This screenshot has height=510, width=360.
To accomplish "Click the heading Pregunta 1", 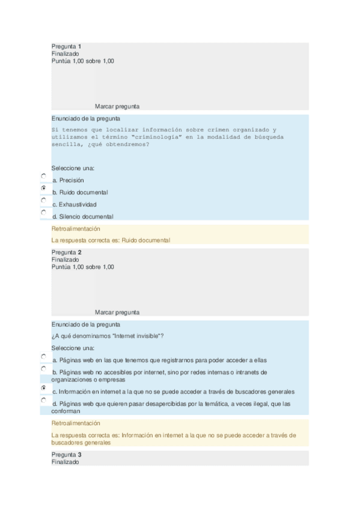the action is tap(66, 46).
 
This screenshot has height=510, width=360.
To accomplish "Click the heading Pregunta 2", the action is tap(66, 253).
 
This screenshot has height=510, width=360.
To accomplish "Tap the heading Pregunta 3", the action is tap(66, 455).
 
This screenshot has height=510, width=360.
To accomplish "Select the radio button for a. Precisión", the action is tap(43, 176).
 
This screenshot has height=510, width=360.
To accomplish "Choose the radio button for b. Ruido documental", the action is tap(43, 188).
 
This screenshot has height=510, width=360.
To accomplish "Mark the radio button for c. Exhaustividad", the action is tap(43, 200).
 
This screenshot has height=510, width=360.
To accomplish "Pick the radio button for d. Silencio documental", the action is tap(43, 212).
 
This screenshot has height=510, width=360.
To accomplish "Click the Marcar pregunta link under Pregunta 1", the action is tap(117, 106).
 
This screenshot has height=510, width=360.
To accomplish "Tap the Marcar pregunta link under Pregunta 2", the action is tap(117, 313).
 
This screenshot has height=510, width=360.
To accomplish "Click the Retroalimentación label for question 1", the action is tap(76, 229).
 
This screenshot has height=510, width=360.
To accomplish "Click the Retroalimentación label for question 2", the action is tap(76, 423).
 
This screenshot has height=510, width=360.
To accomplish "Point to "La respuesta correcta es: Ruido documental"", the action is tap(111, 241).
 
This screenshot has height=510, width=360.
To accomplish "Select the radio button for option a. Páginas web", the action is tap(43, 355).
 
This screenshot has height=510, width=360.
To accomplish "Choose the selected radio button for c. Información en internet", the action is tap(43, 388).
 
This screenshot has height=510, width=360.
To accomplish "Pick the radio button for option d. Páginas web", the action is tap(43, 399).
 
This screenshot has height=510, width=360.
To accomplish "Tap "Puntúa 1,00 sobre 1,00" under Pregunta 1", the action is tap(83, 61).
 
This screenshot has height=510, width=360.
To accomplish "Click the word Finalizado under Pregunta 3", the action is tap(65, 462).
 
